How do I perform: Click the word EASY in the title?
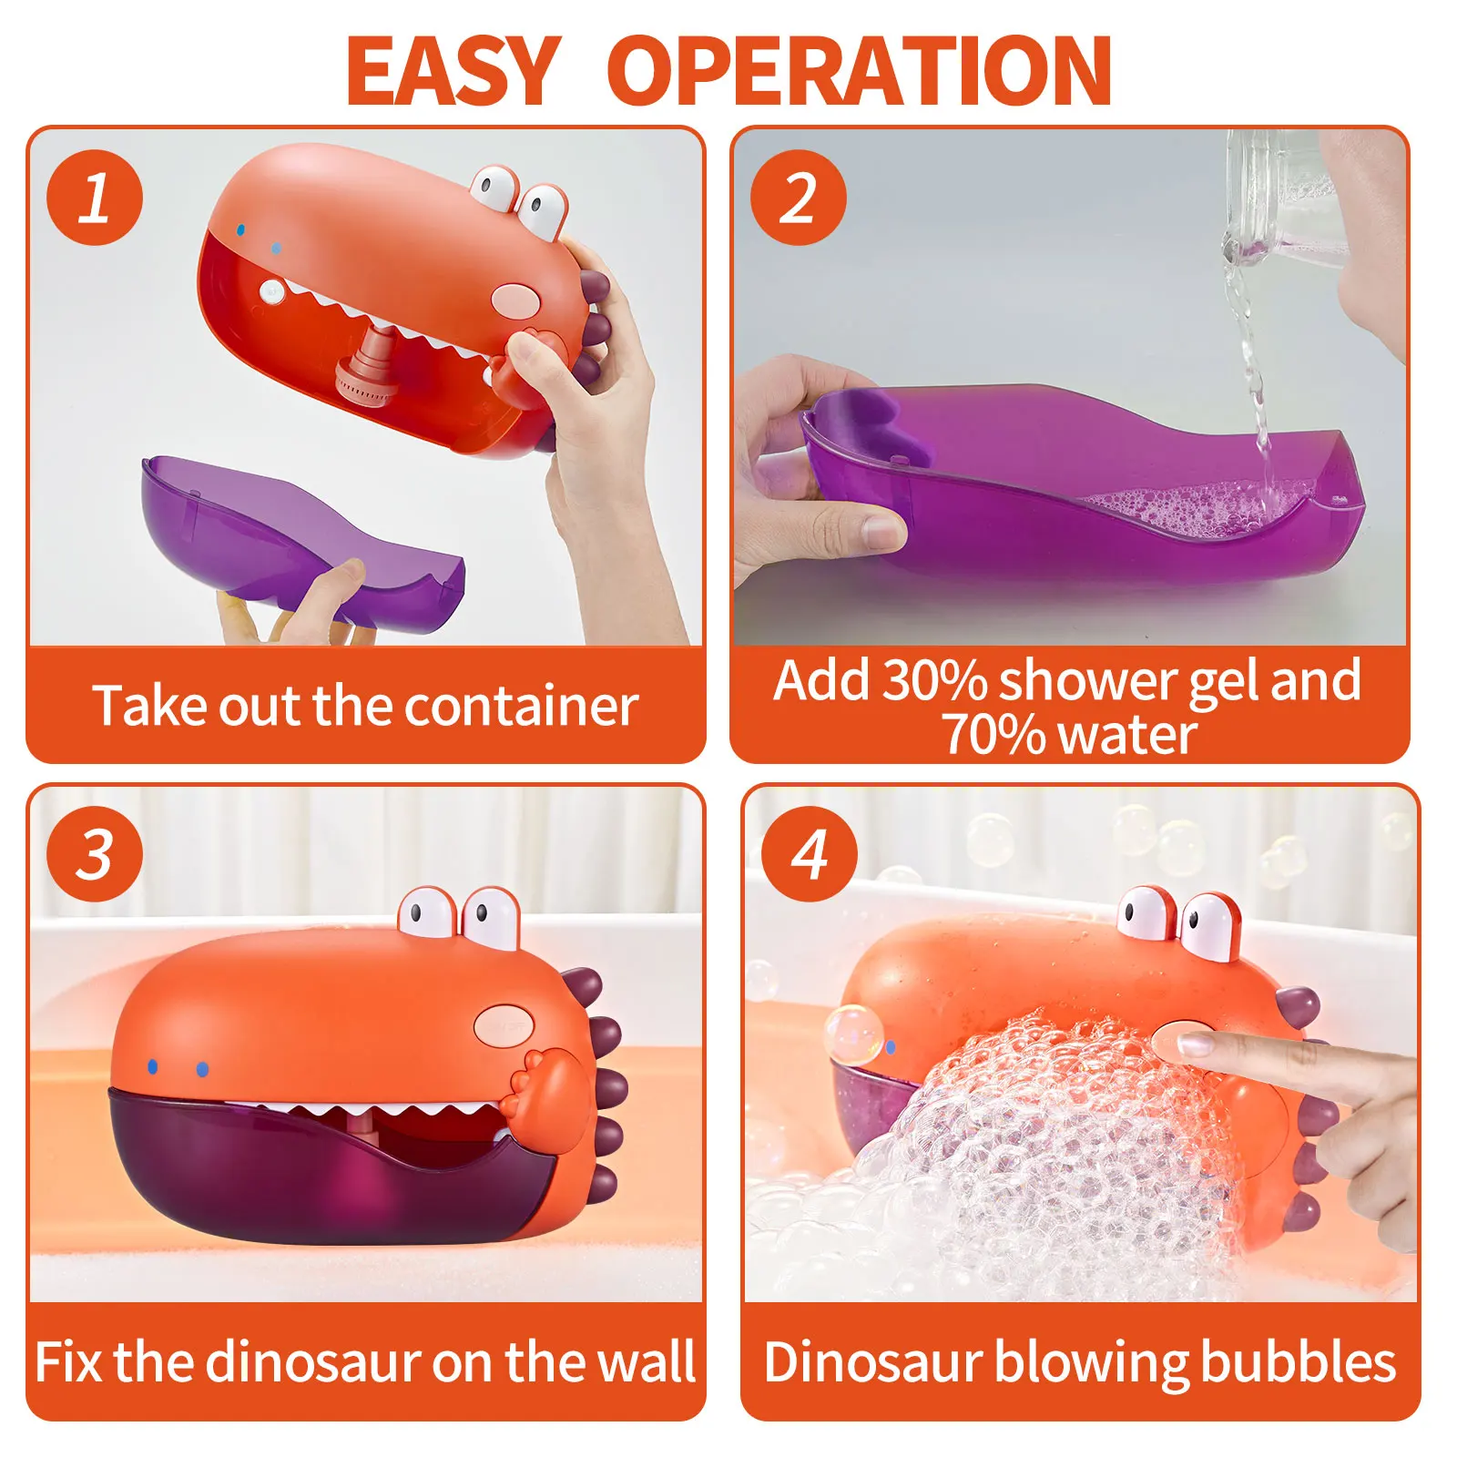[453, 71]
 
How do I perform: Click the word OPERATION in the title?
[859, 71]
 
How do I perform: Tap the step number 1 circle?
[95, 198]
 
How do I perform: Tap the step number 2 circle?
[799, 198]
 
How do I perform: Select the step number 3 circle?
[95, 854]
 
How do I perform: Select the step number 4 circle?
[810, 854]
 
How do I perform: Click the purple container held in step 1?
[301, 537]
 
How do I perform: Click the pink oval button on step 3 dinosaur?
[504, 1023]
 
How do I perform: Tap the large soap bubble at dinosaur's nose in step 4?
[854, 1034]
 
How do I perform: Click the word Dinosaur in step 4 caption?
[872, 1362]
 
